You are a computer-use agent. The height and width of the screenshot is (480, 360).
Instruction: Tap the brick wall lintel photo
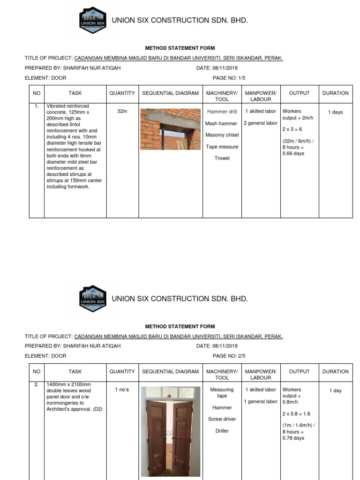click(170, 129)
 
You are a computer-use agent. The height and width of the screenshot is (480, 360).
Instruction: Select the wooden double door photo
click(170, 429)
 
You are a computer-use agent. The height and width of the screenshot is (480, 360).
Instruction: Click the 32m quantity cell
click(122, 112)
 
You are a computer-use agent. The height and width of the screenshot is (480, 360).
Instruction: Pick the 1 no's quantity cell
click(122, 390)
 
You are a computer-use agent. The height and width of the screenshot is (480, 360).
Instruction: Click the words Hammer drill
click(222, 112)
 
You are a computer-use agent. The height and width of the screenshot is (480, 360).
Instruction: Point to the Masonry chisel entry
click(222, 135)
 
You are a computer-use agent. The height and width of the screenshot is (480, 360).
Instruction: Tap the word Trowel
click(222, 158)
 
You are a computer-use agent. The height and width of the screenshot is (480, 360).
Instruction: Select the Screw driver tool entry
click(222, 419)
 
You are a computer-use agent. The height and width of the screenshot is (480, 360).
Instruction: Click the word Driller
click(222, 431)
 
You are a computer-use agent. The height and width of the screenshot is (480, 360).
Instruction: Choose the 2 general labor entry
click(260, 123)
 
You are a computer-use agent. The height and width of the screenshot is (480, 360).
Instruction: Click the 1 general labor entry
click(260, 401)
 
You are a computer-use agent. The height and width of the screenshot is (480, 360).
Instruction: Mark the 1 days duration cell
click(335, 112)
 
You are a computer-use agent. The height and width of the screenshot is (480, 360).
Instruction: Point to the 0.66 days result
click(293, 153)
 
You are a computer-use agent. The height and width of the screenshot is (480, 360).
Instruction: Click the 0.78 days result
click(293, 438)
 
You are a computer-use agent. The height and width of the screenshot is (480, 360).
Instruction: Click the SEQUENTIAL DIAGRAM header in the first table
click(170, 93)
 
